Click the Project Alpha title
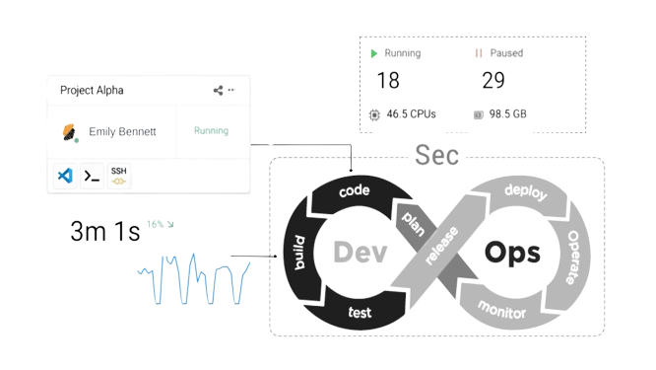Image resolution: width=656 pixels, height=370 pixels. (x=92, y=90)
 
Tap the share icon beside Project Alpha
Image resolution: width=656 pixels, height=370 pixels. (x=218, y=90)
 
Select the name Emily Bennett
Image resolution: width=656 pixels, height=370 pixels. (x=122, y=131)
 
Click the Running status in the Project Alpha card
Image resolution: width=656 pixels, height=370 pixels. (x=211, y=130)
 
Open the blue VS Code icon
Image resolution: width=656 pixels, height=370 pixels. (x=65, y=176)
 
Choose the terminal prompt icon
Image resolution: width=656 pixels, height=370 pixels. (x=91, y=176)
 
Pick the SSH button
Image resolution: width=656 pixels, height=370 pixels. (x=118, y=176)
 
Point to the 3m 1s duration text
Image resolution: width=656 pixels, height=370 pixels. (x=103, y=233)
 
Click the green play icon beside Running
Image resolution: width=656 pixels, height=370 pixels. (x=374, y=52)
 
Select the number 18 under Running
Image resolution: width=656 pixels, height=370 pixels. (x=388, y=81)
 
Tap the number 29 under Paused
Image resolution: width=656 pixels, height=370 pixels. (x=493, y=81)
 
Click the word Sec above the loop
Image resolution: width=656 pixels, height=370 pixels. (x=436, y=155)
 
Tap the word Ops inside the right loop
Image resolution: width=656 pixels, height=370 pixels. (x=512, y=253)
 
